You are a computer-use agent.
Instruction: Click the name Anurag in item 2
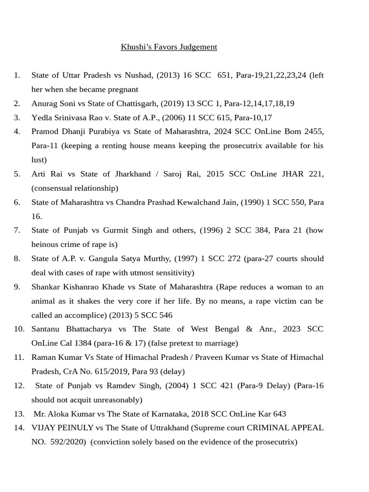(x=45, y=103)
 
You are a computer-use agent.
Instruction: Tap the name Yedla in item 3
(x=42, y=117)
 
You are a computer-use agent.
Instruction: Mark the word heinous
(x=46, y=245)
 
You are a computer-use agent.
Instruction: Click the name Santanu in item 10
(x=47, y=329)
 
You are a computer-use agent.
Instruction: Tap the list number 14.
(x=19, y=428)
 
